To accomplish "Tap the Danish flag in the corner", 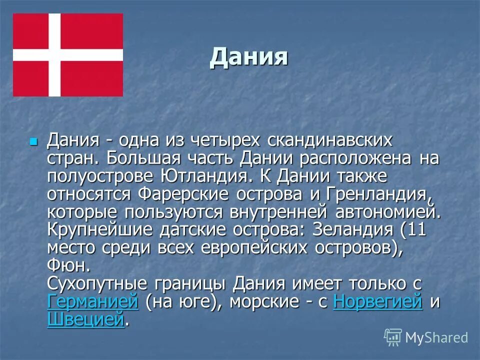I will [x=68, y=54].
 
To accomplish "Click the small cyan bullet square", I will [x=33, y=141].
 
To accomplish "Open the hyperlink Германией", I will [x=92, y=301].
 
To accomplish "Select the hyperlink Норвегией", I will [x=377, y=301].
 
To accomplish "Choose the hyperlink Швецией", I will [x=85, y=319].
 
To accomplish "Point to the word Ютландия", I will [x=208, y=176].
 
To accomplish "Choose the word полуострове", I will [x=102, y=176].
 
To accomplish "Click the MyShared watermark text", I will [x=436, y=337].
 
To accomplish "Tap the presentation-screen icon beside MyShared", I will [x=393, y=337].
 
